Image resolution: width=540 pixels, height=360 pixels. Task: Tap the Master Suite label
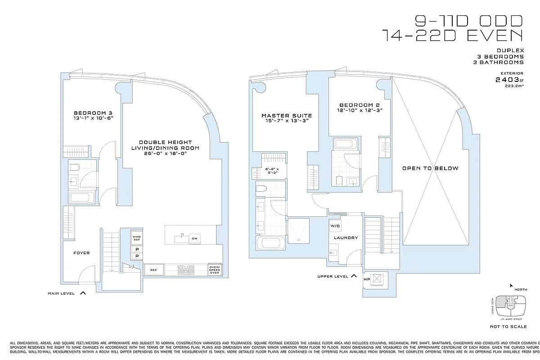pos(287,116)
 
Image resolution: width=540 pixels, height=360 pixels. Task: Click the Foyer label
pos(81,253)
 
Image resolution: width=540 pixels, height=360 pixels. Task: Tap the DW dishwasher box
pos(194,238)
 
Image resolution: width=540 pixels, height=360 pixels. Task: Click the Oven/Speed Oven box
pos(214,270)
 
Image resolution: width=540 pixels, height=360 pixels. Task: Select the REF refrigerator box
pos(153,270)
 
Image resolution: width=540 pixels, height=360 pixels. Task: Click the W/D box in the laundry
pos(335,226)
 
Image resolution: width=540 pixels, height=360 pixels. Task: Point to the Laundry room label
pos(346,238)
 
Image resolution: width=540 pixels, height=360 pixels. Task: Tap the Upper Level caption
pos(332,276)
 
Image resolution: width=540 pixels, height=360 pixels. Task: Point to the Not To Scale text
pos(509,327)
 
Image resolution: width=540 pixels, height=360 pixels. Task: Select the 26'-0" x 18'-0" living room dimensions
pos(165,153)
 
